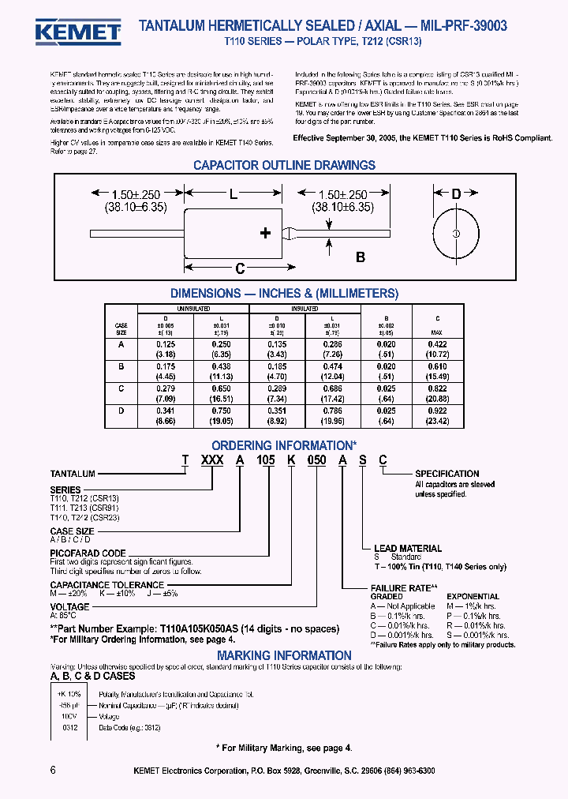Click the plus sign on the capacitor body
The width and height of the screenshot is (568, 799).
pos(265,232)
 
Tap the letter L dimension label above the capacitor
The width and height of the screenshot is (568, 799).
pos(233,193)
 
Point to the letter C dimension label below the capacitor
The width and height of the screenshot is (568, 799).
pos(241,268)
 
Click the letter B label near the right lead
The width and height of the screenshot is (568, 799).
pos(361,257)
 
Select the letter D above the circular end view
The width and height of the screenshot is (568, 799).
pos(455,194)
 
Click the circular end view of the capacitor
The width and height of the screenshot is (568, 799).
pos(455,234)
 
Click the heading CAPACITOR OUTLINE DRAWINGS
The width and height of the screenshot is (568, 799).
pos(284,166)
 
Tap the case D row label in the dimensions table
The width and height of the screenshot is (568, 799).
pos(121,411)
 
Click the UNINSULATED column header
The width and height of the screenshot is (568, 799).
pos(192,309)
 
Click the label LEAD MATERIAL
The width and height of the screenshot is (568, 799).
pos(407,548)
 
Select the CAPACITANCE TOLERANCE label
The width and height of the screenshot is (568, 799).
pos(106,585)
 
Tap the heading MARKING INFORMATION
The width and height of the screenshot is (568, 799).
pos(284,655)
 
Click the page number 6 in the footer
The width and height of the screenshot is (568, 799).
pos(53,771)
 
